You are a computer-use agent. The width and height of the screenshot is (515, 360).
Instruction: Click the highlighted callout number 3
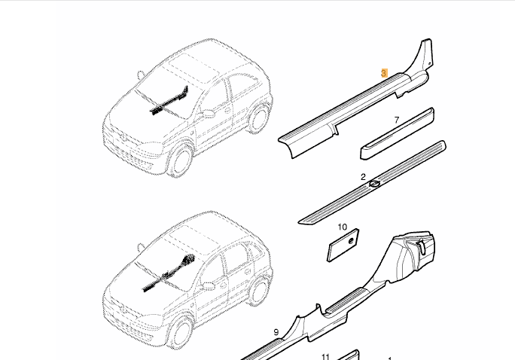pyautogui.click(x=384, y=73)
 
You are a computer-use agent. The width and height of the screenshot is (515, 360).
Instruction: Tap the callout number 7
pyautogui.click(x=397, y=121)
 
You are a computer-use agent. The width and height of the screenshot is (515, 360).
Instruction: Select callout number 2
pyautogui.click(x=363, y=177)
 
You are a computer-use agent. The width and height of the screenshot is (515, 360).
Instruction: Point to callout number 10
pyautogui.click(x=343, y=227)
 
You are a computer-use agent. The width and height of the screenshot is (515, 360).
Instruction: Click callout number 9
pyautogui.click(x=276, y=332)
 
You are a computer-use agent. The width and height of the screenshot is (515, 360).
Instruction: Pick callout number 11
pyautogui.click(x=325, y=357)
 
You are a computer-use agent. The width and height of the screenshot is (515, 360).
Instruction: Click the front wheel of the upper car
pyautogui.click(x=180, y=160)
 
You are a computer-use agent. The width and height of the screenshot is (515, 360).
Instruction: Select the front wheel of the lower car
pyautogui.click(x=180, y=332)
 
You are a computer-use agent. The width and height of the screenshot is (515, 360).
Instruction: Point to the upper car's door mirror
pyautogui.click(x=209, y=114)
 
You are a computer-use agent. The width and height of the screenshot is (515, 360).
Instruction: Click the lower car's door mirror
pyautogui.click(x=209, y=286)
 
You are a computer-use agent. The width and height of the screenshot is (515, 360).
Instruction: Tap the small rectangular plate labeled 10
pyautogui.click(x=343, y=246)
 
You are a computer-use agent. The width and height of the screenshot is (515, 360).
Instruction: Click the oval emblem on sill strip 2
pyautogui.click(x=374, y=184)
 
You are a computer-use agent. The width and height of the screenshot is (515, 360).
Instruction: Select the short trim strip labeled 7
pyautogui.click(x=397, y=134)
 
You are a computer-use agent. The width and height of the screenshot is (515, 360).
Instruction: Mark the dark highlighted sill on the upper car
pyautogui.click(x=169, y=101)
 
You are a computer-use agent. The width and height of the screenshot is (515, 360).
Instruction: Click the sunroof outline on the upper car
pyautogui.click(x=194, y=67)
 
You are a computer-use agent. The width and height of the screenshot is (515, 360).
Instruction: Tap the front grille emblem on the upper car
pyautogui.click(x=123, y=137)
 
